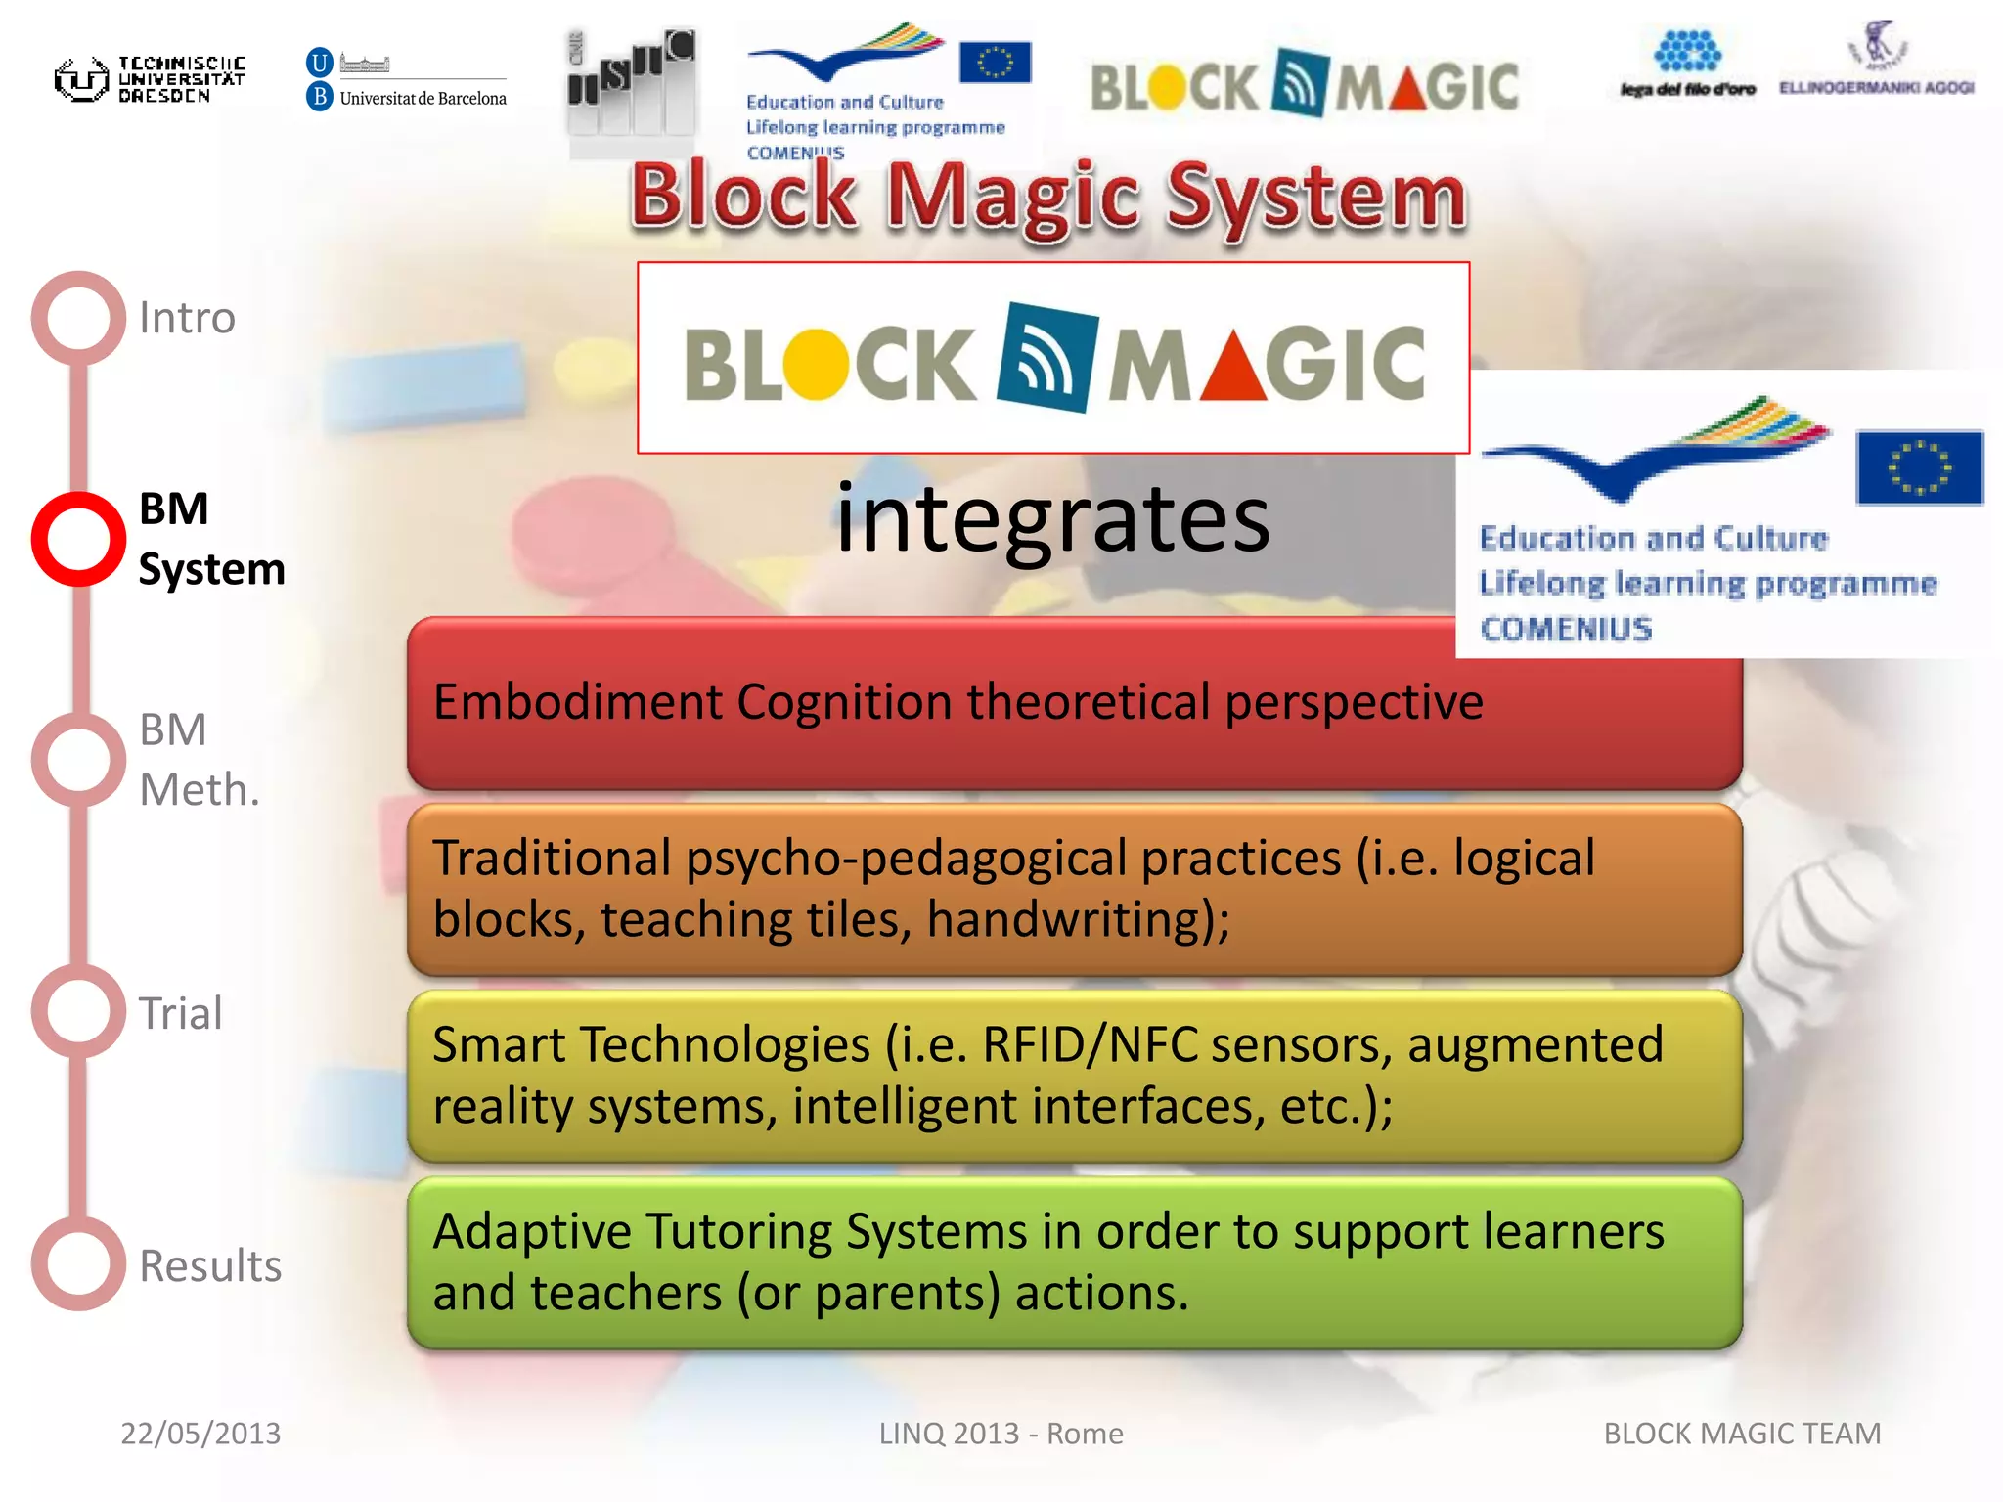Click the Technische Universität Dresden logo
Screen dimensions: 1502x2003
click(x=149, y=79)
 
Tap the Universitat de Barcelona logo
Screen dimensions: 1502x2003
click(x=406, y=79)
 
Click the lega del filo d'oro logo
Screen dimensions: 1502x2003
click(x=1687, y=65)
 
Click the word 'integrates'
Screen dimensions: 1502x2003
click(x=1052, y=518)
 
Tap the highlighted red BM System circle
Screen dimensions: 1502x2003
click(x=78, y=539)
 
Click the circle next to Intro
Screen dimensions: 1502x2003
click(x=78, y=318)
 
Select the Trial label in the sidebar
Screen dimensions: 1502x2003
click(x=181, y=1013)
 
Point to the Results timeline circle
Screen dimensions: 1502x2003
click(x=78, y=1263)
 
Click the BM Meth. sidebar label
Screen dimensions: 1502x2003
click(x=198, y=760)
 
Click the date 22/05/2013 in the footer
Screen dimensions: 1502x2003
click(x=200, y=1434)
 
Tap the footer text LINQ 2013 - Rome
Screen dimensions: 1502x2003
click(x=1001, y=1434)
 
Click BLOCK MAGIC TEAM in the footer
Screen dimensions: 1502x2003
click(x=1742, y=1434)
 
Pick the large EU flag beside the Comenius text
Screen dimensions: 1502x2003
click(x=1918, y=467)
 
